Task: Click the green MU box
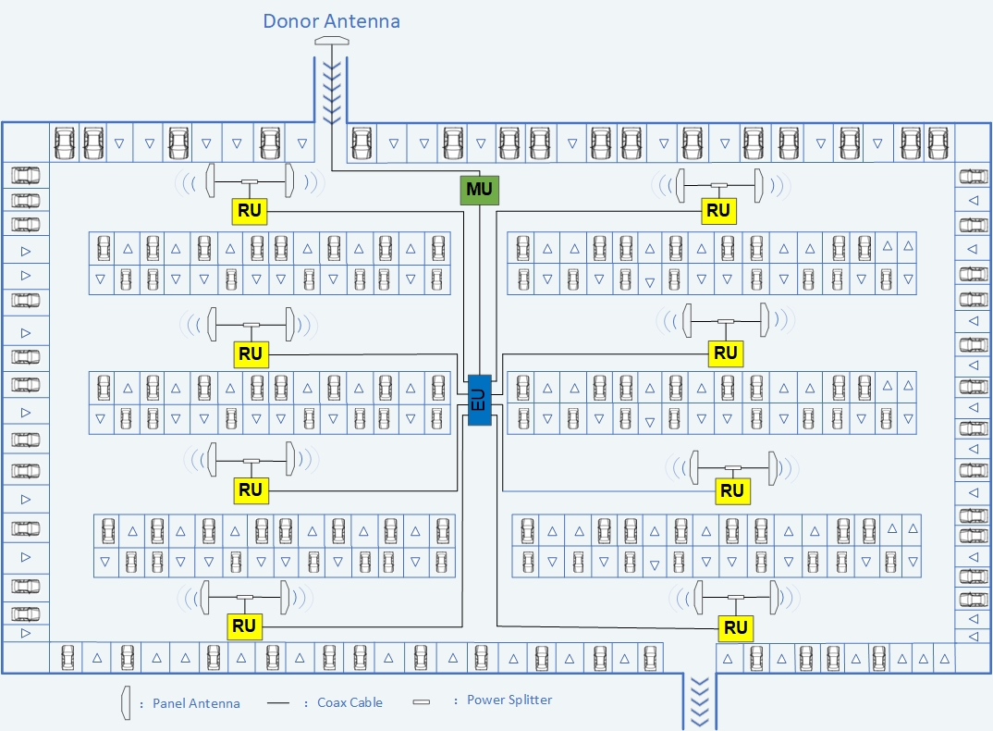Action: [x=480, y=190]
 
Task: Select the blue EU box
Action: [x=480, y=400]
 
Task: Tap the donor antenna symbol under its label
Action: [x=332, y=42]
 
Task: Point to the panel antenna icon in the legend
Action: [x=126, y=702]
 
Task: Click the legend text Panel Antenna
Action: [x=196, y=703]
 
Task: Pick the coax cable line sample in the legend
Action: [x=278, y=702]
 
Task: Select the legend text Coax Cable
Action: [x=349, y=702]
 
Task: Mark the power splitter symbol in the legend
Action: [x=421, y=701]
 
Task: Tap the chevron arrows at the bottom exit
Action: [x=699, y=701]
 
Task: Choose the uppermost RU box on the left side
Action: [x=250, y=210]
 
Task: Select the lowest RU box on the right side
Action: [x=735, y=627]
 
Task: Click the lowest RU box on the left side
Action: [x=244, y=626]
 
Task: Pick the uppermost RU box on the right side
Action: [x=718, y=210]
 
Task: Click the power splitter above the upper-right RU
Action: [x=718, y=185]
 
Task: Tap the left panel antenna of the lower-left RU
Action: [x=204, y=597]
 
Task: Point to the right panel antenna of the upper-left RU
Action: [x=289, y=180]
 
